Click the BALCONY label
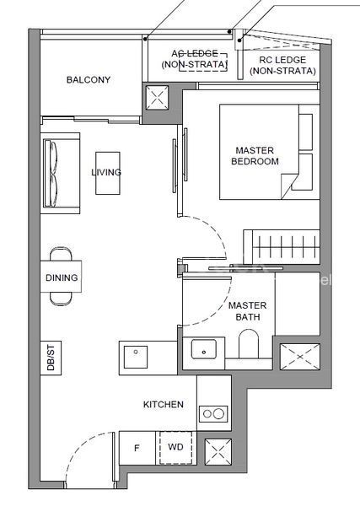click(x=89, y=80)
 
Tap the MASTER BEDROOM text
click(x=255, y=156)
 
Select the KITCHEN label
click(x=164, y=404)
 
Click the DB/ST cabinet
click(x=51, y=358)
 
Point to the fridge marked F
click(x=137, y=448)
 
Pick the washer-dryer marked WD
click(x=176, y=448)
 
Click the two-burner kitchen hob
click(x=213, y=414)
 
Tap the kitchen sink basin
click(x=136, y=357)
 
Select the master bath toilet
click(x=249, y=344)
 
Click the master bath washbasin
click(x=203, y=349)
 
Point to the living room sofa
click(x=61, y=173)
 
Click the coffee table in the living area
click(x=108, y=173)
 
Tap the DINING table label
click(x=62, y=277)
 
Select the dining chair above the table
click(x=62, y=254)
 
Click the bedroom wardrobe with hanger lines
click(x=282, y=247)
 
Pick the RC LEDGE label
click(x=282, y=66)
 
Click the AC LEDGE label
click(x=195, y=59)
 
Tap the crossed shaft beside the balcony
click(x=157, y=98)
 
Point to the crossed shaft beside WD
click(x=218, y=452)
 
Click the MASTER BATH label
click(x=247, y=311)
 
